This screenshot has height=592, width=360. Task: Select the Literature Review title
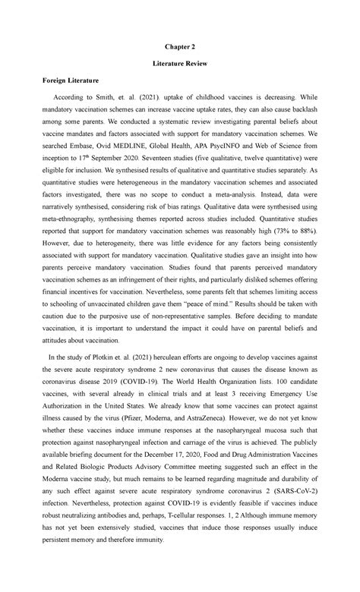[179, 78]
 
